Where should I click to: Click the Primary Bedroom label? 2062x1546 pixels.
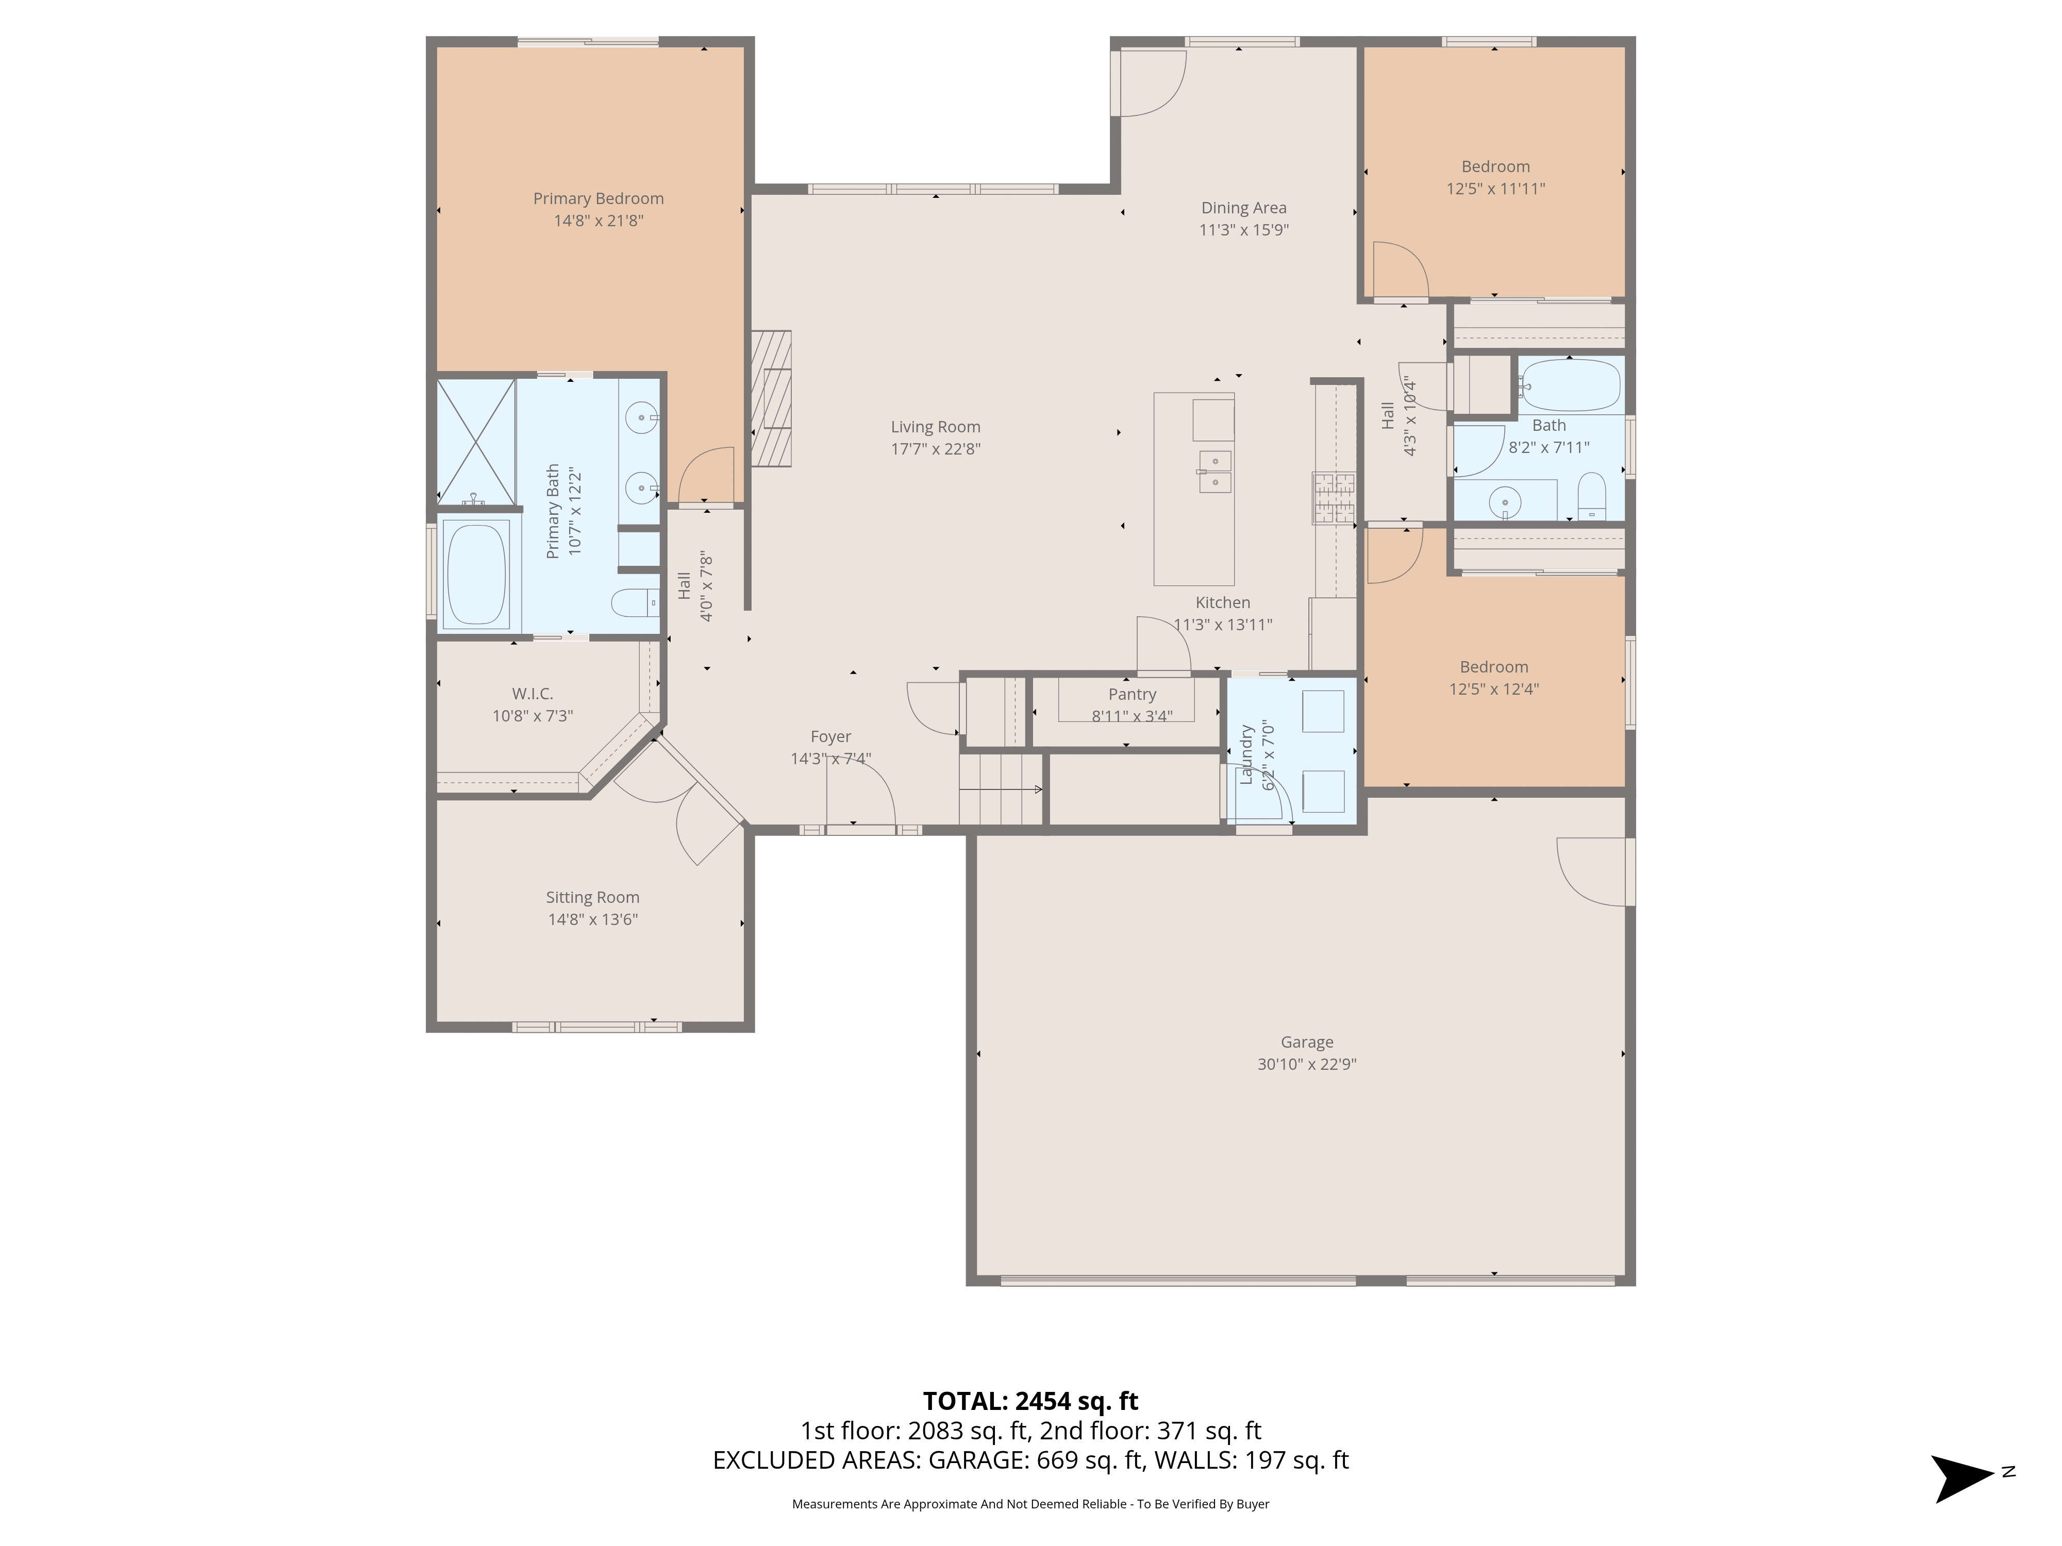tap(598, 198)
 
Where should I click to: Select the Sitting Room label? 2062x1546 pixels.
tap(593, 897)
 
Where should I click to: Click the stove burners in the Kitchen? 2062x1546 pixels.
tap(1334, 498)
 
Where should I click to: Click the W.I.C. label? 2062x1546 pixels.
tap(533, 694)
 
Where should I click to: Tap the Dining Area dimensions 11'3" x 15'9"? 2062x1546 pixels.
tap(1243, 230)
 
